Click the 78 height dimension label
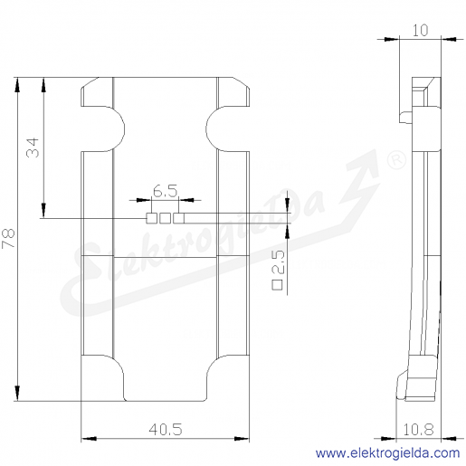(8, 238)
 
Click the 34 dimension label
(33, 147)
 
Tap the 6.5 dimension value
(165, 191)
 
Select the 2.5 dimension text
(278, 262)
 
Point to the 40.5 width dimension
(166, 429)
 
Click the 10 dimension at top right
(420, 31)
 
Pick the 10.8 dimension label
(418, 429)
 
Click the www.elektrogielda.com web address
(387, 453)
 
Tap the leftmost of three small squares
(151, 218)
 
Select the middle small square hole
(165, 218)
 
